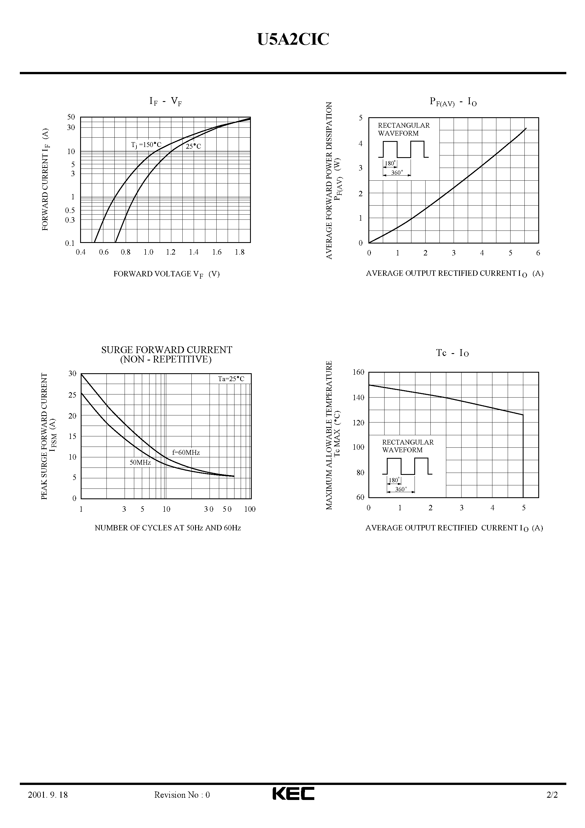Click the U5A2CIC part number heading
pyautogui.click(x=293, y=40)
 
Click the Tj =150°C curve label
pyautogui.click(x=146, y=145)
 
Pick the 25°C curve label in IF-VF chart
pyautogui.click(x=193, y=146)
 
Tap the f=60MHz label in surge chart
pyautogui.click(x=186, y=452)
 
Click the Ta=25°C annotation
pyautogui.click(x=231, y=379)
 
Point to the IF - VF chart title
pyautogui.click(x=166, y=102)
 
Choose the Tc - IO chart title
pyautogui.click(x=452, y=353)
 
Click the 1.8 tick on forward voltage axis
pyautogui.click(x=240, y=252)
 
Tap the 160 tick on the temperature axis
pyautogui.click(x=358, y=372)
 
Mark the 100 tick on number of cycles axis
pyautogui.click(x=249, y=509)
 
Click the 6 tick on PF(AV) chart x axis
pyautogui.click(x=538, y=253)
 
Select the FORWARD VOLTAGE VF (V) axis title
pyautogui.click(x=166, y=274)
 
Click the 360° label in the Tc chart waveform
pyautogui.click(x=401, y=489)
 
